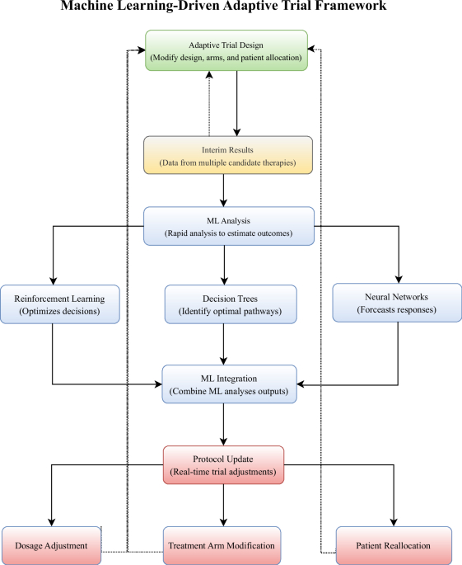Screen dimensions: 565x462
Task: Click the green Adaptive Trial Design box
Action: [x=226, y=50]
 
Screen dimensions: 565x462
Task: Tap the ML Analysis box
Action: [x=228, y=225]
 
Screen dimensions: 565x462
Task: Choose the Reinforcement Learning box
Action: [x=54, y=304]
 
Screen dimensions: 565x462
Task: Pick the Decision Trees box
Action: [x=229, y=304]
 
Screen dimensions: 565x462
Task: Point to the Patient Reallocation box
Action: [x=394, y=545]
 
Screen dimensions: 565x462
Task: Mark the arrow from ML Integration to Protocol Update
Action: [x=224, y=424]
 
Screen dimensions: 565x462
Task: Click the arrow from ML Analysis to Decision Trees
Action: [x=224, y=264]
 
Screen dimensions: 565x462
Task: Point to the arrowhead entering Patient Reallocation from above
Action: [x=395, y=522]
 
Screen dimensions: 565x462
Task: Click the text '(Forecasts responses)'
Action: [x=398, y=311]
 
